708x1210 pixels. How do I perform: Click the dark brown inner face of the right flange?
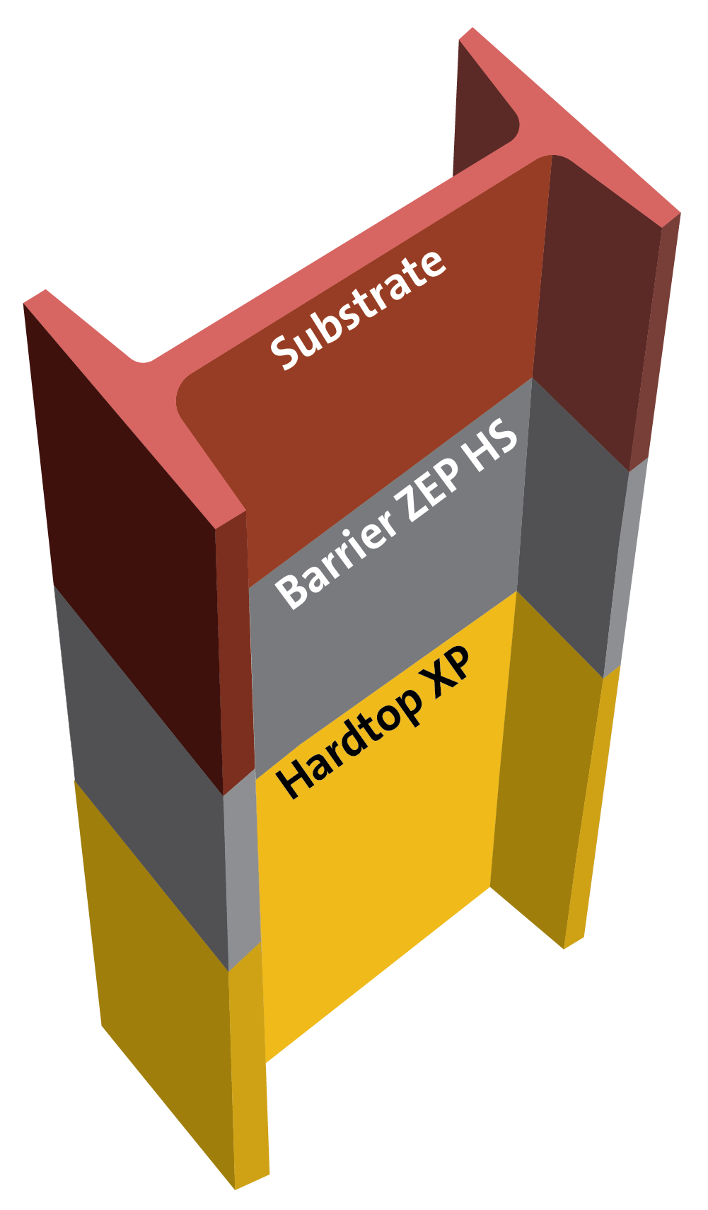594,311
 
